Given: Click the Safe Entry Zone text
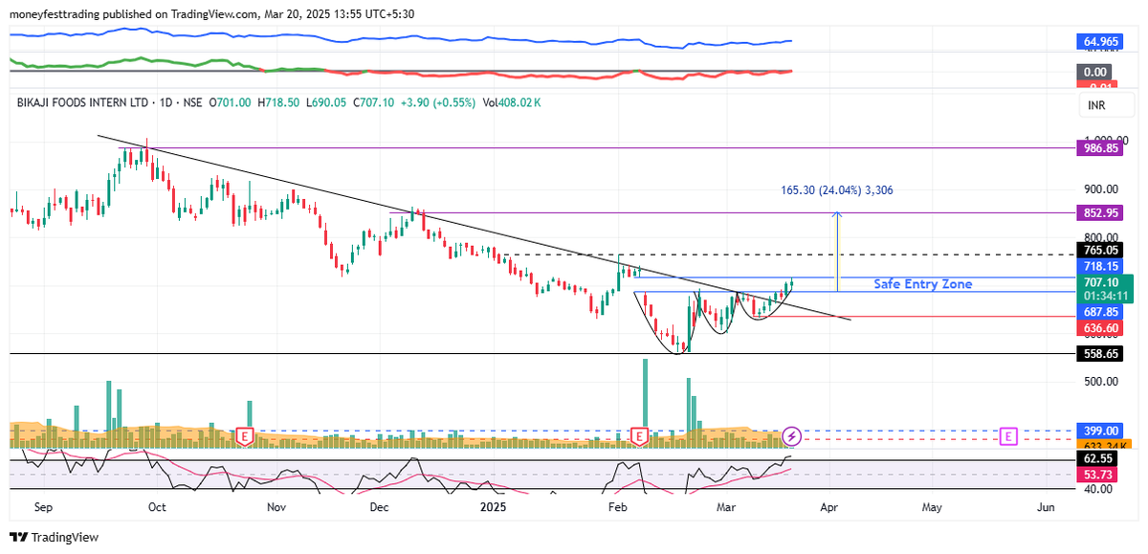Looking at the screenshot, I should (x=922, y=284).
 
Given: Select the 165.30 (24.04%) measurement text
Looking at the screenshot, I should (x=836, y=190).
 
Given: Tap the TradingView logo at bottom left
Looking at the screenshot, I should (x=54, y=538).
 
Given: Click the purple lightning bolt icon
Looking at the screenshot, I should (x=792, y=436).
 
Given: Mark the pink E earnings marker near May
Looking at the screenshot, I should (x=1007, y=436).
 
